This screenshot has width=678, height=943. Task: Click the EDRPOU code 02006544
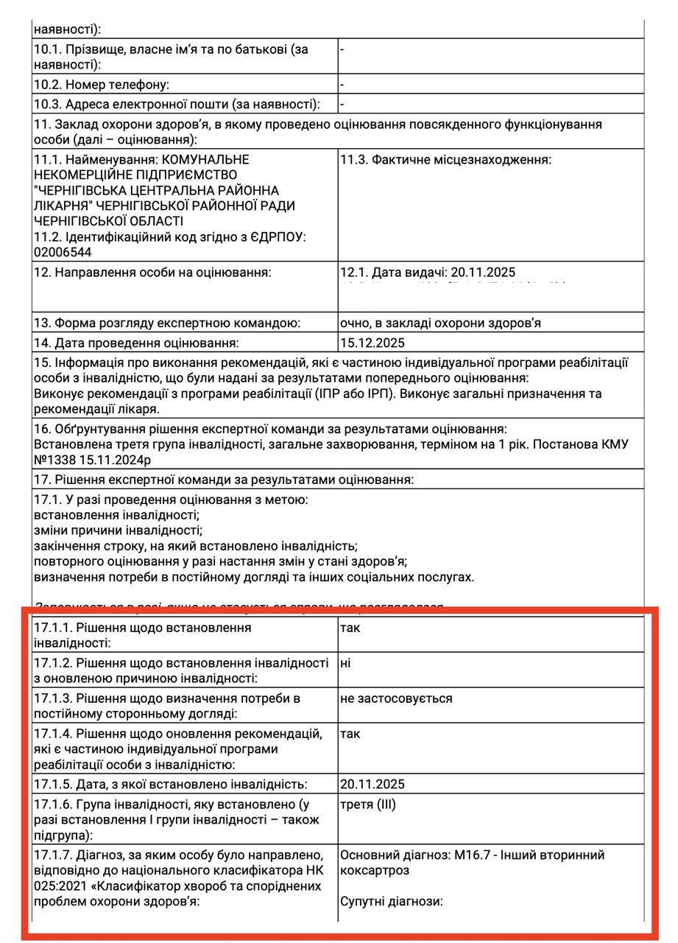[63, 252]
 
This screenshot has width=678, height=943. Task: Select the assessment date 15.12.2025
[372, 343]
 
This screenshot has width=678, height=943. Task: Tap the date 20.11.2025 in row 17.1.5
[372, 784]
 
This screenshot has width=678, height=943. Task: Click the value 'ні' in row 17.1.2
[345, 662]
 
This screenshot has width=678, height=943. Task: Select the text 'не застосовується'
[396, 698]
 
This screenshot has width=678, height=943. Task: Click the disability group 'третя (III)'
[367, 804]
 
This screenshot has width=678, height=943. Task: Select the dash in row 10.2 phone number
[342, 85]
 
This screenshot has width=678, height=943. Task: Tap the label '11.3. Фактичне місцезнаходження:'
[445, 160]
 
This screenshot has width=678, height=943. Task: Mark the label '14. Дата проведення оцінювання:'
[137, 343]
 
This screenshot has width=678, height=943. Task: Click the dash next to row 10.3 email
[342, 105]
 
